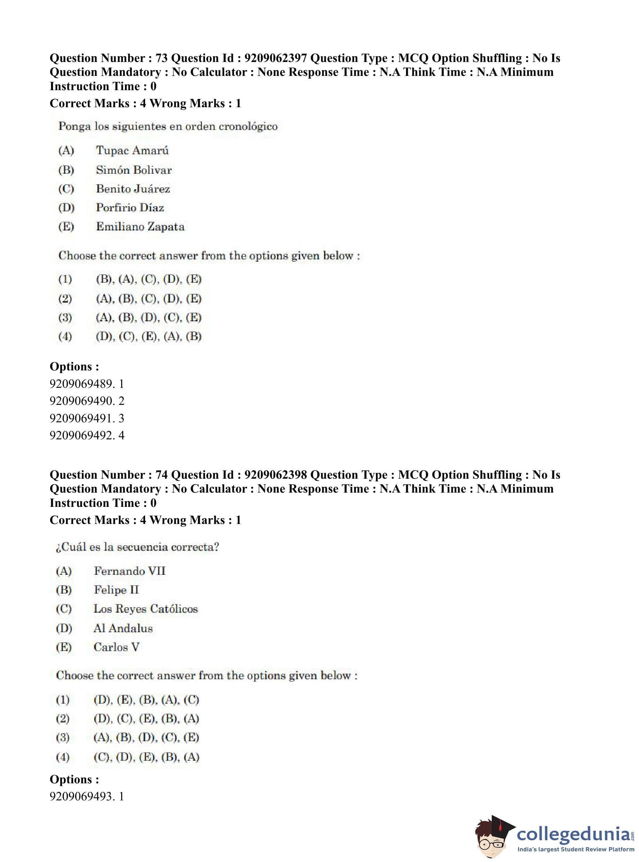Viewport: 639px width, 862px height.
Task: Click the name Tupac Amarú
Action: [x=132, y=150]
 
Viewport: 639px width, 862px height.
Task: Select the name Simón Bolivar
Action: [x=134, y=170]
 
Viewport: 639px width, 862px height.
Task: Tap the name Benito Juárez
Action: [x=133, y=189]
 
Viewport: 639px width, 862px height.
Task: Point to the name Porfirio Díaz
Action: [x=130, y=208]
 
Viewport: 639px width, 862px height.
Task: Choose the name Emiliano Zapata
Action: [x=140, y=227]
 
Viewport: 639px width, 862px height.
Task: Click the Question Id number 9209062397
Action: [x=276, y=58]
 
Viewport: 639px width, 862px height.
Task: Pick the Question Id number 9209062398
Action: [x=276, y=475]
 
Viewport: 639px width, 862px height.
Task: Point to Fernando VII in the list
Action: [x=129, y=571]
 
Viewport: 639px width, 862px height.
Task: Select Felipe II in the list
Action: [x=116, y=590]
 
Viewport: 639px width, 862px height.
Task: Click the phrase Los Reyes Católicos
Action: [x=145, y=609]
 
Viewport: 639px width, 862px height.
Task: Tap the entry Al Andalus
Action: [x=123, y=628]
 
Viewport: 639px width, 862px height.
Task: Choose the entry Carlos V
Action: [x=117, y=647]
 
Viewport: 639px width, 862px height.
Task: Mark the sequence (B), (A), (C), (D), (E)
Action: [x=149, y=279]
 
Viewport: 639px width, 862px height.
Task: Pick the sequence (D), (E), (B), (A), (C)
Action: [x=146, y=700]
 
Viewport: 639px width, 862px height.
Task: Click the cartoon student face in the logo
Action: [x=492, y=837]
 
